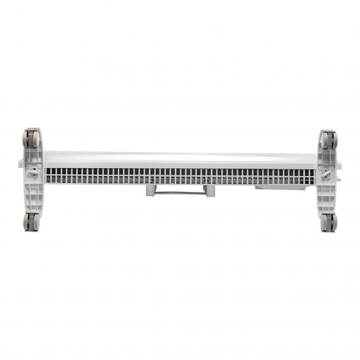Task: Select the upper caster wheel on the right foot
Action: tap(328, 140)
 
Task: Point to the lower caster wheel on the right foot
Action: tap(328, 222)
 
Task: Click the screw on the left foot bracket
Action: tap(34, 173)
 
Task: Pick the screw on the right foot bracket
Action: tap(325, 175)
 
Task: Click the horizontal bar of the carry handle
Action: tap(180, 191)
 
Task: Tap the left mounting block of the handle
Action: tap(151, 190)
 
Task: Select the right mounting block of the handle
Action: tap(210, 191)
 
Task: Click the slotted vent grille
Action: tap(180, 176)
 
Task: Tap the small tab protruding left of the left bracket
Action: tap(21, 164)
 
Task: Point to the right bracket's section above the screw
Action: tap(326, 158)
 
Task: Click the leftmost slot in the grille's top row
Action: tap(46, 172)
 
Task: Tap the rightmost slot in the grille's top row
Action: tap(312, 172)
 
